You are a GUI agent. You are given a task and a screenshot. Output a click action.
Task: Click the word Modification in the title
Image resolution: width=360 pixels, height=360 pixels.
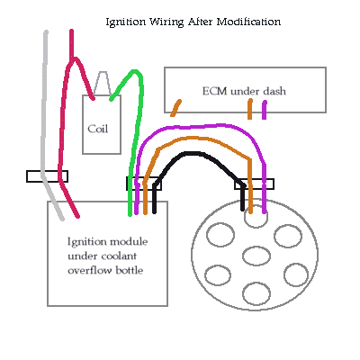click(x=248, y=22)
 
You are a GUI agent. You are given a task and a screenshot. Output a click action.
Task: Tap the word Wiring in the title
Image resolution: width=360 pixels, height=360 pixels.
click(x=166, y=22)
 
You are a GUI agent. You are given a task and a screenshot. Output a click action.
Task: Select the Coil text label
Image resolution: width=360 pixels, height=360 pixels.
click(x=97, y=129)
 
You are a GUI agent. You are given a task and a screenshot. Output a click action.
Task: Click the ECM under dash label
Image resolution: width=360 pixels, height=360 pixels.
click(x=244, y=91)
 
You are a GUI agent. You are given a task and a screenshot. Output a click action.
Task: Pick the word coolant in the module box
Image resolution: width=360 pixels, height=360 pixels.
click(x=119, y=256)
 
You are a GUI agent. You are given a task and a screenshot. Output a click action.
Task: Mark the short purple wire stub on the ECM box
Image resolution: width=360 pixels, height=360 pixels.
click(x=264, y=110)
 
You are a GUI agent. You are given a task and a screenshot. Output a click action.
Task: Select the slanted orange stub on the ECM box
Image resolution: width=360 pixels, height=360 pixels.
click(x=175, y=108)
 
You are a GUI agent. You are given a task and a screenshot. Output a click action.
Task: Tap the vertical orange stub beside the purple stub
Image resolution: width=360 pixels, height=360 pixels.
click(x=249, y=109)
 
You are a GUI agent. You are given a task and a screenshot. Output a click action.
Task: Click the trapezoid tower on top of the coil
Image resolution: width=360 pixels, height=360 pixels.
click(x=103, y=84)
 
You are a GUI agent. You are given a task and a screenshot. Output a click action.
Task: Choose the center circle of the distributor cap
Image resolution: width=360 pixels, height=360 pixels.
click(x=256, y=256)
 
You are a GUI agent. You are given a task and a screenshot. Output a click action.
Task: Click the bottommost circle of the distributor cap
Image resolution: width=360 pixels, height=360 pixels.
click(x=256, y=293)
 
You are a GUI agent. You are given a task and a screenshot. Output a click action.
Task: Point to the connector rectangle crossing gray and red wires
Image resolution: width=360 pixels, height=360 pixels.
click(x=47, y=176)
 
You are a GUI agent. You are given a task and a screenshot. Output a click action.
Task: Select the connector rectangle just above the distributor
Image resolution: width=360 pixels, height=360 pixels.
click(x=254, y=184)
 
